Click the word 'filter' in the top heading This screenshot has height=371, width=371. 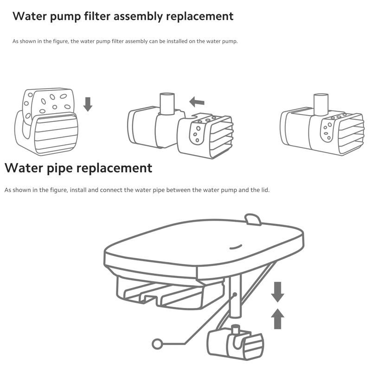(97, 16)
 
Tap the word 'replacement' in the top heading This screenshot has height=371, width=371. (199, 17)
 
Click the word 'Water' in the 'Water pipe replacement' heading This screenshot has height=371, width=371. (24, 168)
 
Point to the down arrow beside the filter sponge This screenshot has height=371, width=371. (88, 104)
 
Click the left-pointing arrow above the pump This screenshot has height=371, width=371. (197, 102)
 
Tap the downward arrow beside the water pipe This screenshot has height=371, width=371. (277, 292)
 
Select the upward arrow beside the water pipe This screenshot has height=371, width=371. (277, 319)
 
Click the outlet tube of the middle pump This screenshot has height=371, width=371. (167, 103)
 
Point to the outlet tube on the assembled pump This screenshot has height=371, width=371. (321, 104)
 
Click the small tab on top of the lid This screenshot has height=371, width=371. (253, 219)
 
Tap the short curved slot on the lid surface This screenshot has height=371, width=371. (235, 247)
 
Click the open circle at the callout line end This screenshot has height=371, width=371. (157, 344)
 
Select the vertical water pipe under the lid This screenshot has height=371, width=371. (236, 296)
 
